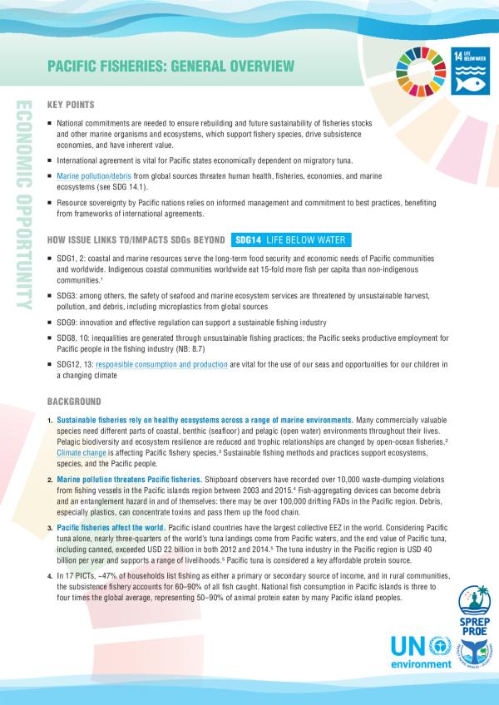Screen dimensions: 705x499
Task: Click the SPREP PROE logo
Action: point(455,609)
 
